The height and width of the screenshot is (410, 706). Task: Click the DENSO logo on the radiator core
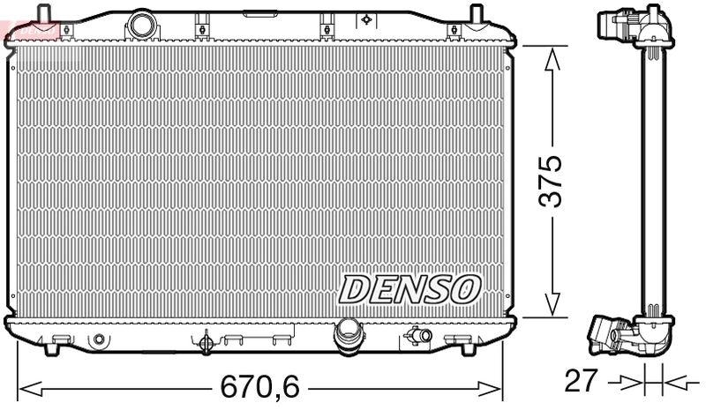tap(410, 288)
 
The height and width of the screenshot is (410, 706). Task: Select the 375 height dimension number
tap(551, 182)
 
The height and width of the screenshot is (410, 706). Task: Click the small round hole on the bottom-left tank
tap(99, 339)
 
